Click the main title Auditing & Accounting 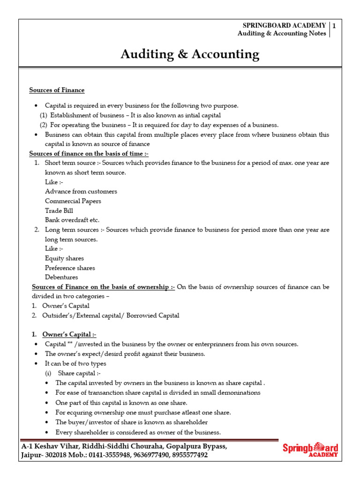[189, 54]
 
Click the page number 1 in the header [334, 25]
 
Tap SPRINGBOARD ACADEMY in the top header [284, 25]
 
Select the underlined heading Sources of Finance [57, 90]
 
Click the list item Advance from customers [81, 191]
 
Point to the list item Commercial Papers [73, 201]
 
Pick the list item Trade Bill [59, 210]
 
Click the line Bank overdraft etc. [72, 220]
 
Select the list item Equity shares [64, 258]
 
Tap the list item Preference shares [70, 268]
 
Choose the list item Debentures [61, 277]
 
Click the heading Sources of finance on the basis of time [89, 153]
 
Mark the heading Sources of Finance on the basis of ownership [103, 287]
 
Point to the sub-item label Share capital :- [79, 373]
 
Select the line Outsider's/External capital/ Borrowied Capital [110, 315]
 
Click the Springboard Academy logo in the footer [310, 449]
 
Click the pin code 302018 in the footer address [54, 455]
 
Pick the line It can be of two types [75, 363]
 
